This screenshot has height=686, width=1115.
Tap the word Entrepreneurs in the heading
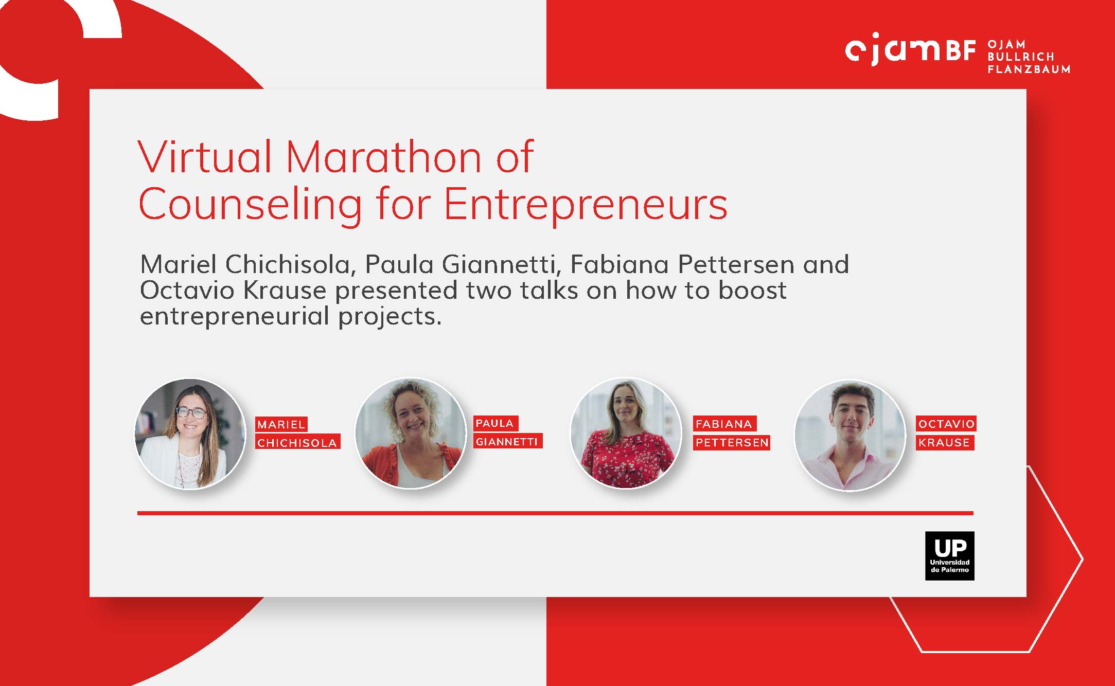pyautogui.click(x=586, y=204)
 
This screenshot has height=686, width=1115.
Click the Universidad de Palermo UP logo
pyautogui.click(x=949, y=556)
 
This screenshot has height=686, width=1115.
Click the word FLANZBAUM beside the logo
pyautogui.click(x=1029, y=69)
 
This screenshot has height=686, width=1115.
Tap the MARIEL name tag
pyautogui.click(x=281, y=424)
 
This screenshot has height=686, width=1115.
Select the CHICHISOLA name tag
pyautogui.click(x=297, y=442)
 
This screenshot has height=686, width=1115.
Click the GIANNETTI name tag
pyautogui.click(x=507, y=441)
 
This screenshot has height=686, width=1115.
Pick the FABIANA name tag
pyautogui.click(x=724, y=424)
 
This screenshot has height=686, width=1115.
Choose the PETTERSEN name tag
pyautogui.click(x=732, y=442)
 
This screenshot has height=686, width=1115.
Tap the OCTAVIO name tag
pyautogui.click(x=946, y=424)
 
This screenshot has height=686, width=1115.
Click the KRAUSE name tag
pyautogui.click(x=945, y=442)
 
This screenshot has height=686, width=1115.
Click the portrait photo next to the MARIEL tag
pyautogui.click(x=190, y=434)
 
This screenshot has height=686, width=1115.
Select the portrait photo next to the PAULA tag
pyautogui.click(x=411, y=434)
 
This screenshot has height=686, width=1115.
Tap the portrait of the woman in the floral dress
pyautogui.click(x=626, y=434)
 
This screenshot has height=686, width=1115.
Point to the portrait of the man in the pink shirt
pyautogui.click(x=850, y=435)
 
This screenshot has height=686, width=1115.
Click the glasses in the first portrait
pyautogui.click(x=191, y=412)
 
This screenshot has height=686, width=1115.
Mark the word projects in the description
pyautogui.click(x=390, y=317)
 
